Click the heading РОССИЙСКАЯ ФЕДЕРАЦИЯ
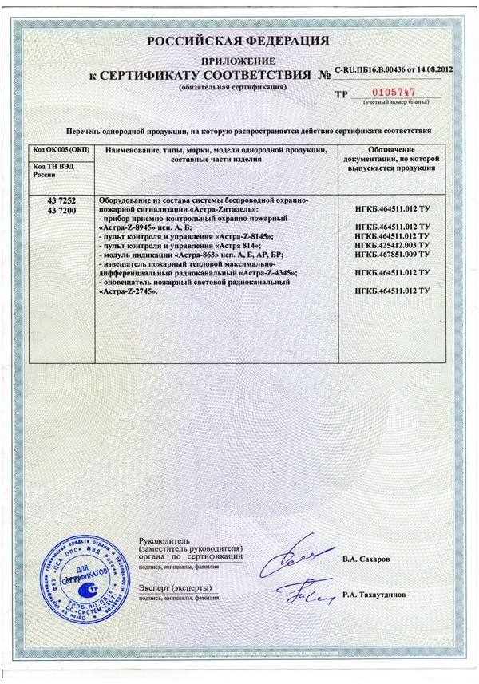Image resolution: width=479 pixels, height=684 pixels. (238, 41)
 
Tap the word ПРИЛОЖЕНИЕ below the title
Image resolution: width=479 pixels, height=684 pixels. (239, 61)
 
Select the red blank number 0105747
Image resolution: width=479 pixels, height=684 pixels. (386, 93)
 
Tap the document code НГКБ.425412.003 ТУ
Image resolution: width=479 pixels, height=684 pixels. (391, 246)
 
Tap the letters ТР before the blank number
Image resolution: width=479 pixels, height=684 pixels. (342, 94)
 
